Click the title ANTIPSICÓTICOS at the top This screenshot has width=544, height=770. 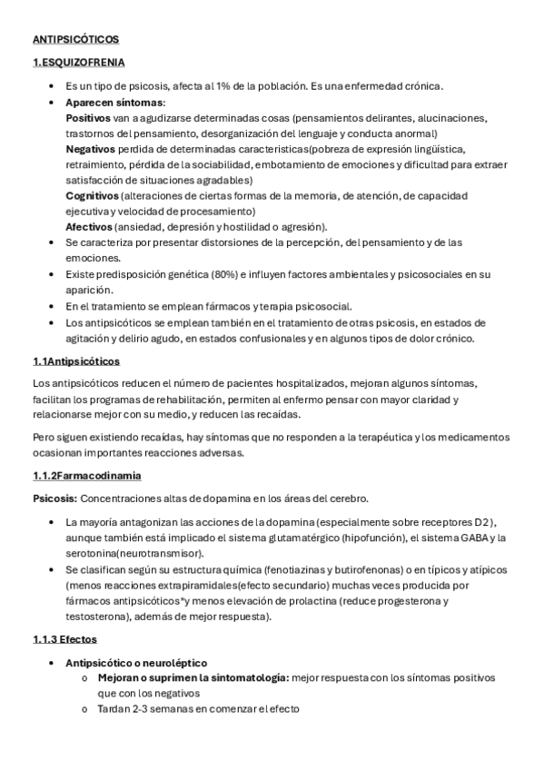point(75,40)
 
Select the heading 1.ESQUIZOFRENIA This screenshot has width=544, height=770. point(78,63)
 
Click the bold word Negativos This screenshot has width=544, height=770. point(91,149)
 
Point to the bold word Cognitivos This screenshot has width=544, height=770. point(92,195)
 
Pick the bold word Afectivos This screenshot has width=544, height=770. point(89,226)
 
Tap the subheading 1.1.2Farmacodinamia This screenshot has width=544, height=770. point(86,476)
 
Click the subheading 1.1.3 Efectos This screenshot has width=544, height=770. point(64,639)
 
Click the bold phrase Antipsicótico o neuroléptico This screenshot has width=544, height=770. point(136,663)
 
